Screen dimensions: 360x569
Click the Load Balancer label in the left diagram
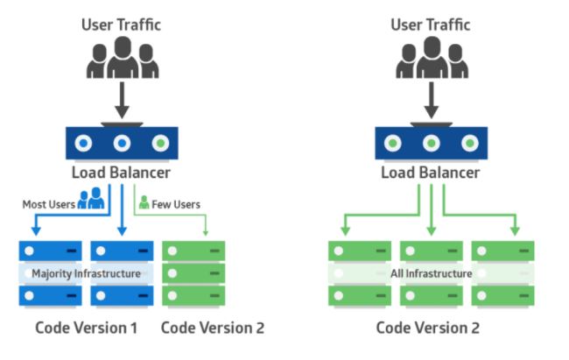[123, 173]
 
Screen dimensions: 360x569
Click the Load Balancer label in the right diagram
[430, 173]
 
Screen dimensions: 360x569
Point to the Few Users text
[176, 204]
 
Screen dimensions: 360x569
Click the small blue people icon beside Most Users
[91, 201]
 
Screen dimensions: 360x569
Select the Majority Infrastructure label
[86, 273]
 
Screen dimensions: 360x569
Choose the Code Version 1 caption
[87, 328]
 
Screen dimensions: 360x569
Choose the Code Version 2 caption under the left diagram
[213, 328]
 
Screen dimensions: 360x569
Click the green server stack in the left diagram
[193, 272]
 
